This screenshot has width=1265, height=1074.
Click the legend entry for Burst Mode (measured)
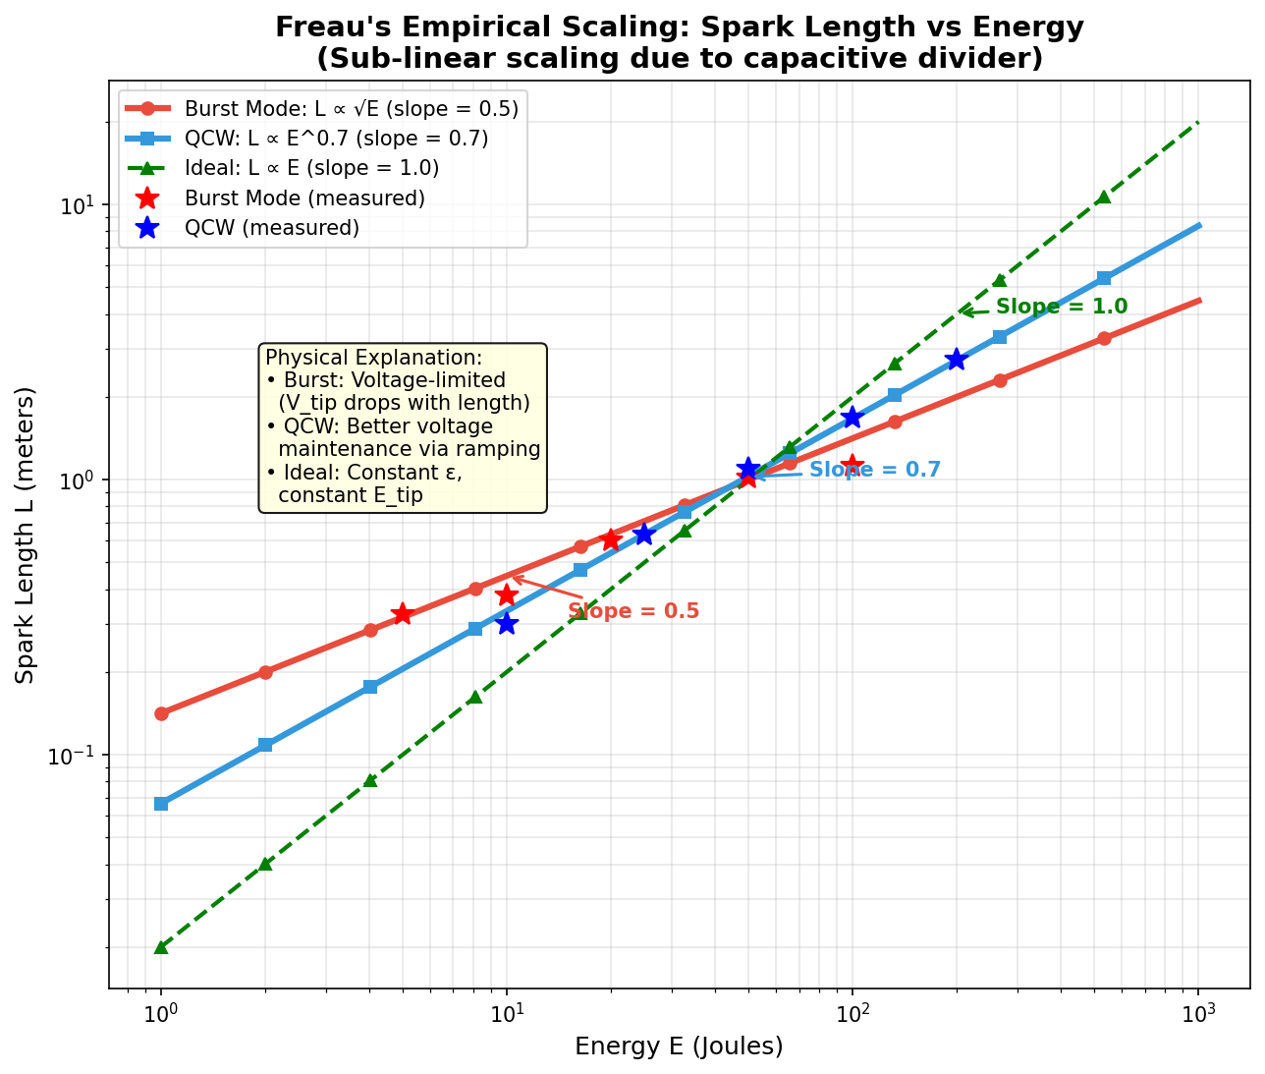point(304,198)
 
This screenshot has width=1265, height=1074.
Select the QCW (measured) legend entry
point(272,228)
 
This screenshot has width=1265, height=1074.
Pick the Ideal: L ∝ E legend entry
point(311,168)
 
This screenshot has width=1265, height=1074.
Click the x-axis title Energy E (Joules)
point(679,1046)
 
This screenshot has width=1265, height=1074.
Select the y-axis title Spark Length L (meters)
point(26,535)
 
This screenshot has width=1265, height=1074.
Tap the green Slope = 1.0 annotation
point(1061,307)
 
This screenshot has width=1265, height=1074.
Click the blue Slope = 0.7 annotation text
point(874,470)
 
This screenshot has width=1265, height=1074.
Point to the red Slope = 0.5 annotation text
point(633,611)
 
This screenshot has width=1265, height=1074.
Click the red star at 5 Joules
point(402,614)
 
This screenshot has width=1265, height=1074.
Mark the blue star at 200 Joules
point(957,360)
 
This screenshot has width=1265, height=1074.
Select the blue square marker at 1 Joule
point(161,804)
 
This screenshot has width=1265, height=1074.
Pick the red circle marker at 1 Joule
point(161,713)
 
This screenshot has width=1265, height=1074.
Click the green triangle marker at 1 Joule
point(161,947)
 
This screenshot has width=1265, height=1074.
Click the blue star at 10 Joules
point(507,623)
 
